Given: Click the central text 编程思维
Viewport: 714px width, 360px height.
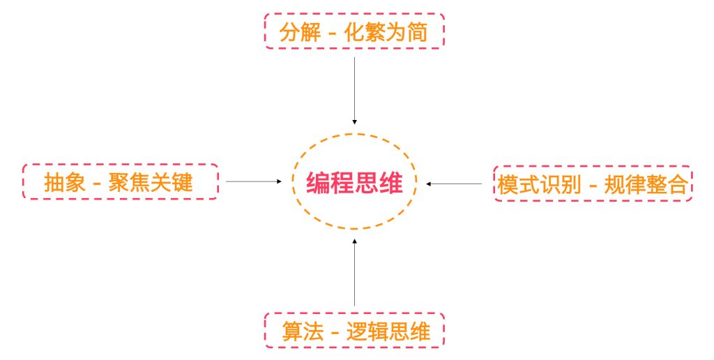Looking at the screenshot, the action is point(354,183).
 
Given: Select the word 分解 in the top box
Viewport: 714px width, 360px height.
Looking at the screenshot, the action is point(300,32).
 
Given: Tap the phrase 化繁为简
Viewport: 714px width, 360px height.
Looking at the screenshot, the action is point(386,32).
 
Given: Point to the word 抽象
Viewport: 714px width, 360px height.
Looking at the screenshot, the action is point(65,182).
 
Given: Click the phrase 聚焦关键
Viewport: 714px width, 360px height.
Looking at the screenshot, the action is point(151,182).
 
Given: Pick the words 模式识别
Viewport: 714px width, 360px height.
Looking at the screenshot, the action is point(539,185).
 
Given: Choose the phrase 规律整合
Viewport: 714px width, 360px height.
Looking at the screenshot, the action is point(646,185).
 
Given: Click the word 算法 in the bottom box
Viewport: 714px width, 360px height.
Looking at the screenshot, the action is point(303,331).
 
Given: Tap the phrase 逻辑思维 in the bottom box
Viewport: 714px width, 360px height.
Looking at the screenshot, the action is point(388,331).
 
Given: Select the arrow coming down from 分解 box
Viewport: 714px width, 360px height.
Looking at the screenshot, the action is point(354,91).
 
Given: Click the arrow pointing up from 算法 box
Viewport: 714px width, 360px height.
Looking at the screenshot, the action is point(354,272).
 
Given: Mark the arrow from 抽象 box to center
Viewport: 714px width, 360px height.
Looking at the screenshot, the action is point(254,181).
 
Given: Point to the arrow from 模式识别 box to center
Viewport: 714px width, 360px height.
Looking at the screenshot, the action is point(454,184).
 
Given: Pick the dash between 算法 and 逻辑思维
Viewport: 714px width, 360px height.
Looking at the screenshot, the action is point(335,333).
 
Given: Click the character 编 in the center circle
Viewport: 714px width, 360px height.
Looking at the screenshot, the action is point(318,183).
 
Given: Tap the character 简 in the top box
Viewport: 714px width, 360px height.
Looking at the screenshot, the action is point(417,32).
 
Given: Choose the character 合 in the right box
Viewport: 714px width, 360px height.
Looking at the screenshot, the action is point(678,185).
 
